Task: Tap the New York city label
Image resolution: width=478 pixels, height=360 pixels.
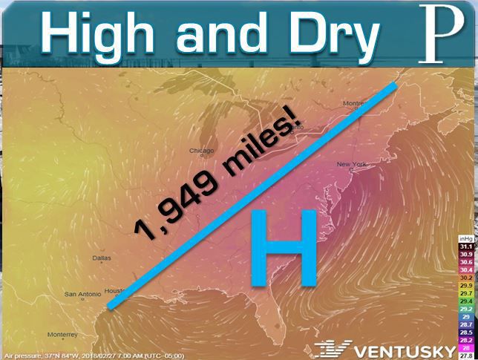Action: pos(353,163)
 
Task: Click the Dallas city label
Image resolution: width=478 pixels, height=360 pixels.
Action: pos(102,258)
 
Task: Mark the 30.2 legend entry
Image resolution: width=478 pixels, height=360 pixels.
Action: pos(465,278)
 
